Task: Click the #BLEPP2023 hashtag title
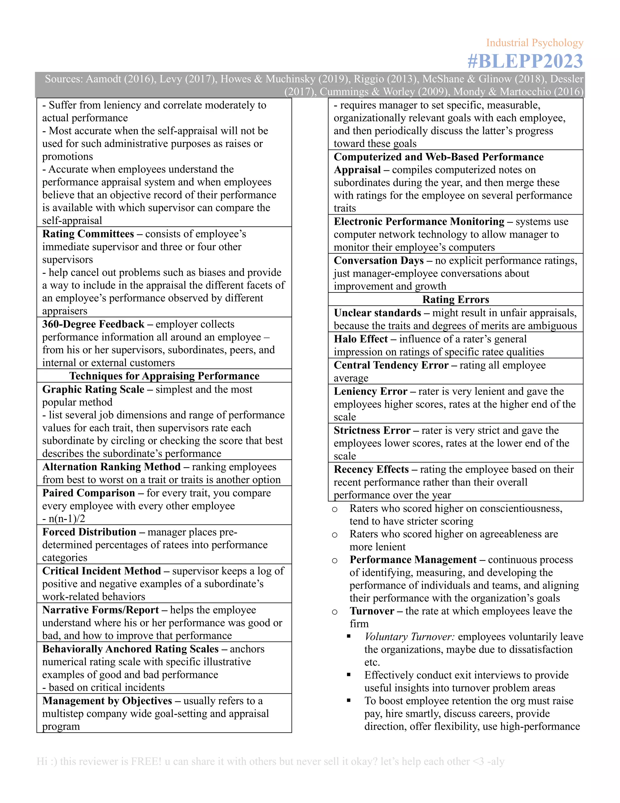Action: coord(525,61)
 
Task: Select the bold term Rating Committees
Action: coord(88,234)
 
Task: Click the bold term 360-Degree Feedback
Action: coord(93,324)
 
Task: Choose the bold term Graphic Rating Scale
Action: coord(93,389)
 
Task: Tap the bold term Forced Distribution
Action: coord(89,532)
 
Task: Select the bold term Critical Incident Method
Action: coord(101,571)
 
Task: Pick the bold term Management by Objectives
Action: coord(107,701)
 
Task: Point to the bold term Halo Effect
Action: coord(361,339)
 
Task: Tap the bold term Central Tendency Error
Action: coord(391,365)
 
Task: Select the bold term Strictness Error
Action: coord(372,430)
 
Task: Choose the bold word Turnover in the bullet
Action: coord(372,611)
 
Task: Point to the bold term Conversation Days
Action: coord(379,261)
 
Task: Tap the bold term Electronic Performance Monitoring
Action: coord(419,222)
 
